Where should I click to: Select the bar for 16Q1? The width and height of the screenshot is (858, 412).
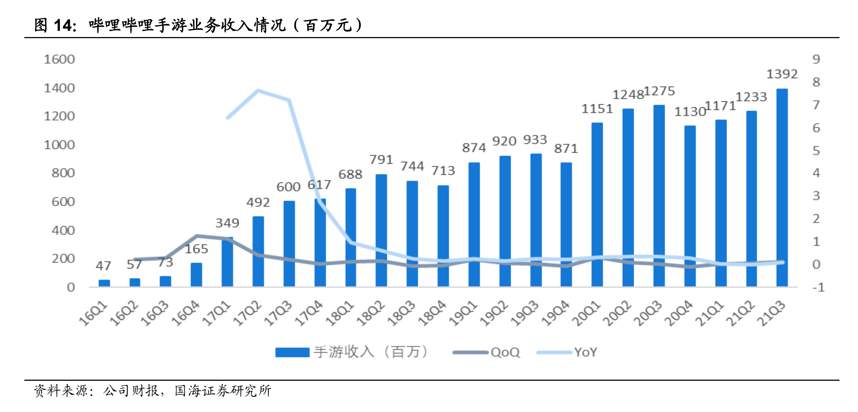(x=104, y=283)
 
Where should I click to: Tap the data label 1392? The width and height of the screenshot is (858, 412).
(x=782, y=74)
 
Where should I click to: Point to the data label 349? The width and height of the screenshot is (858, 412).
(x=227, y=223)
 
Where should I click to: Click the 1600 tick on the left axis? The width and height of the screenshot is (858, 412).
(x=59, y=59)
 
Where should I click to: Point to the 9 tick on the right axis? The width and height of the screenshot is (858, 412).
(x=816, y=59)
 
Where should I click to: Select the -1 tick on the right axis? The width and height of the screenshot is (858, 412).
(x=818, y=288)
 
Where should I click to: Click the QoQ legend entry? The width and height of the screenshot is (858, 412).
(x=505, y=352)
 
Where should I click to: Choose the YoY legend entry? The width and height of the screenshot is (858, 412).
(x=585, y=352)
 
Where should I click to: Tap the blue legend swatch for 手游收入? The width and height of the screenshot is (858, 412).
(x=292, y=352)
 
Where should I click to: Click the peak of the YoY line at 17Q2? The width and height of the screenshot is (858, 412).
(x=258, y=90)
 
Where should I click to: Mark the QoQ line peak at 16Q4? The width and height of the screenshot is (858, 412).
(x=197, y=236)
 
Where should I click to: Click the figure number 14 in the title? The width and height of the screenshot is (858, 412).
(x=62, y=25)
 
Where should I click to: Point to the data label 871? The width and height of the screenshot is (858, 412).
(x=566, y=148)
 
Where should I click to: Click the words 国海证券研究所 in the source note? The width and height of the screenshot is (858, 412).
(x=223, y=391)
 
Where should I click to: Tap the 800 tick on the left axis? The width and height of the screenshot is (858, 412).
(x=63, y=173)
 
